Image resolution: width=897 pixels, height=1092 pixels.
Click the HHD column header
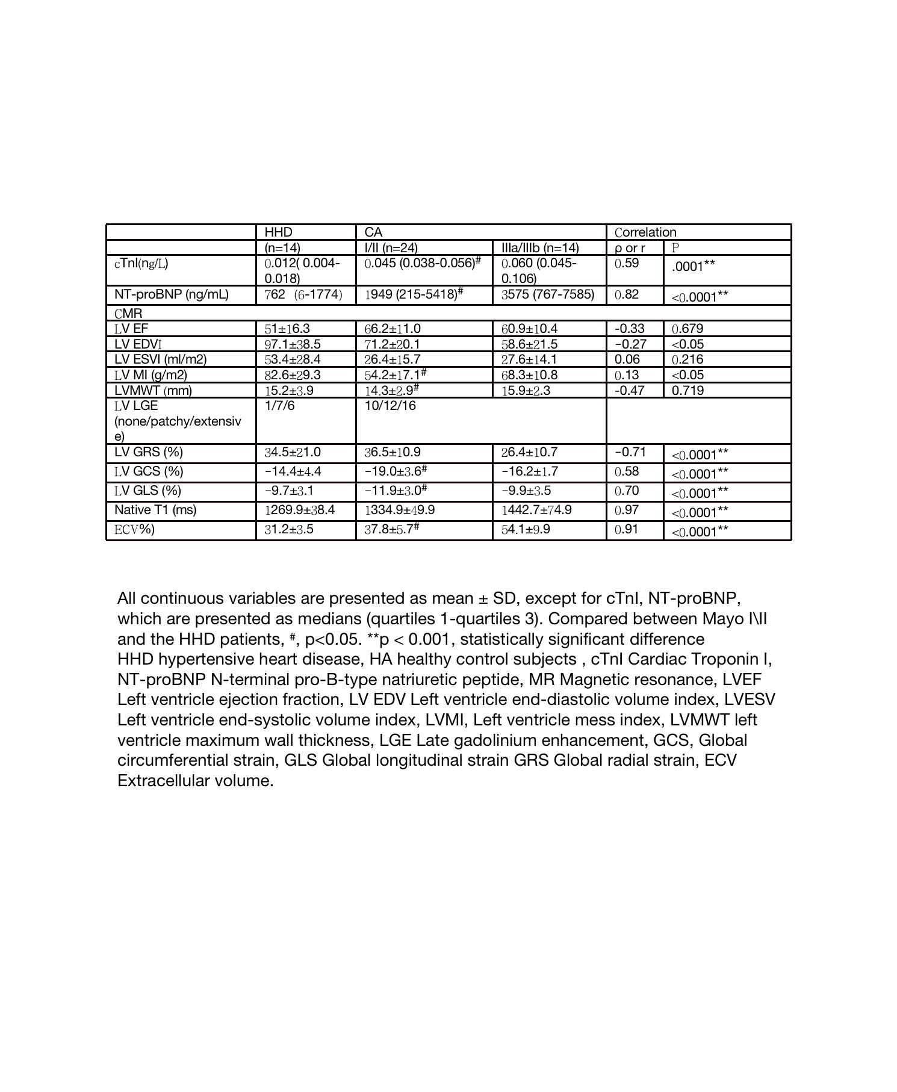point(278,232)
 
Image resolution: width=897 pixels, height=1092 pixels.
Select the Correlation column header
point(645,232)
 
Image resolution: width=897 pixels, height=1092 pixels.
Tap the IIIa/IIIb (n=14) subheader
point(540,247)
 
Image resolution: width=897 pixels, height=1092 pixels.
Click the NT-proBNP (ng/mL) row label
point(172,294)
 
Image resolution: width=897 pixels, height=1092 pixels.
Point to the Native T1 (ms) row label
point(155,510)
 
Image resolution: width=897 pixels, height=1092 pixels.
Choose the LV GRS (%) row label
point(149,452)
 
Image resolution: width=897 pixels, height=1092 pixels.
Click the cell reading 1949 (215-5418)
point(422,294)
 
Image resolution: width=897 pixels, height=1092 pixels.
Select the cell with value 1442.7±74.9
point(536,510)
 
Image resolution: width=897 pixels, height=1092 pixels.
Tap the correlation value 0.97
point(627,510)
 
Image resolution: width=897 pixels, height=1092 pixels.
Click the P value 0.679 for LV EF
point(687,329)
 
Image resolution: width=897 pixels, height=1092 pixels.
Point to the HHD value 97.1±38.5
point(293,344)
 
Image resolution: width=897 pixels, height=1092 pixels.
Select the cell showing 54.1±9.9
point(526,529)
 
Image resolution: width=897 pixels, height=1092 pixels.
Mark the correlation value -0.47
point(630,390)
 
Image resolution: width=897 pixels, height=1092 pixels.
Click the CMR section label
point(128,314)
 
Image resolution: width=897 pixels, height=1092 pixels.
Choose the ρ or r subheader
point(630,247)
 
